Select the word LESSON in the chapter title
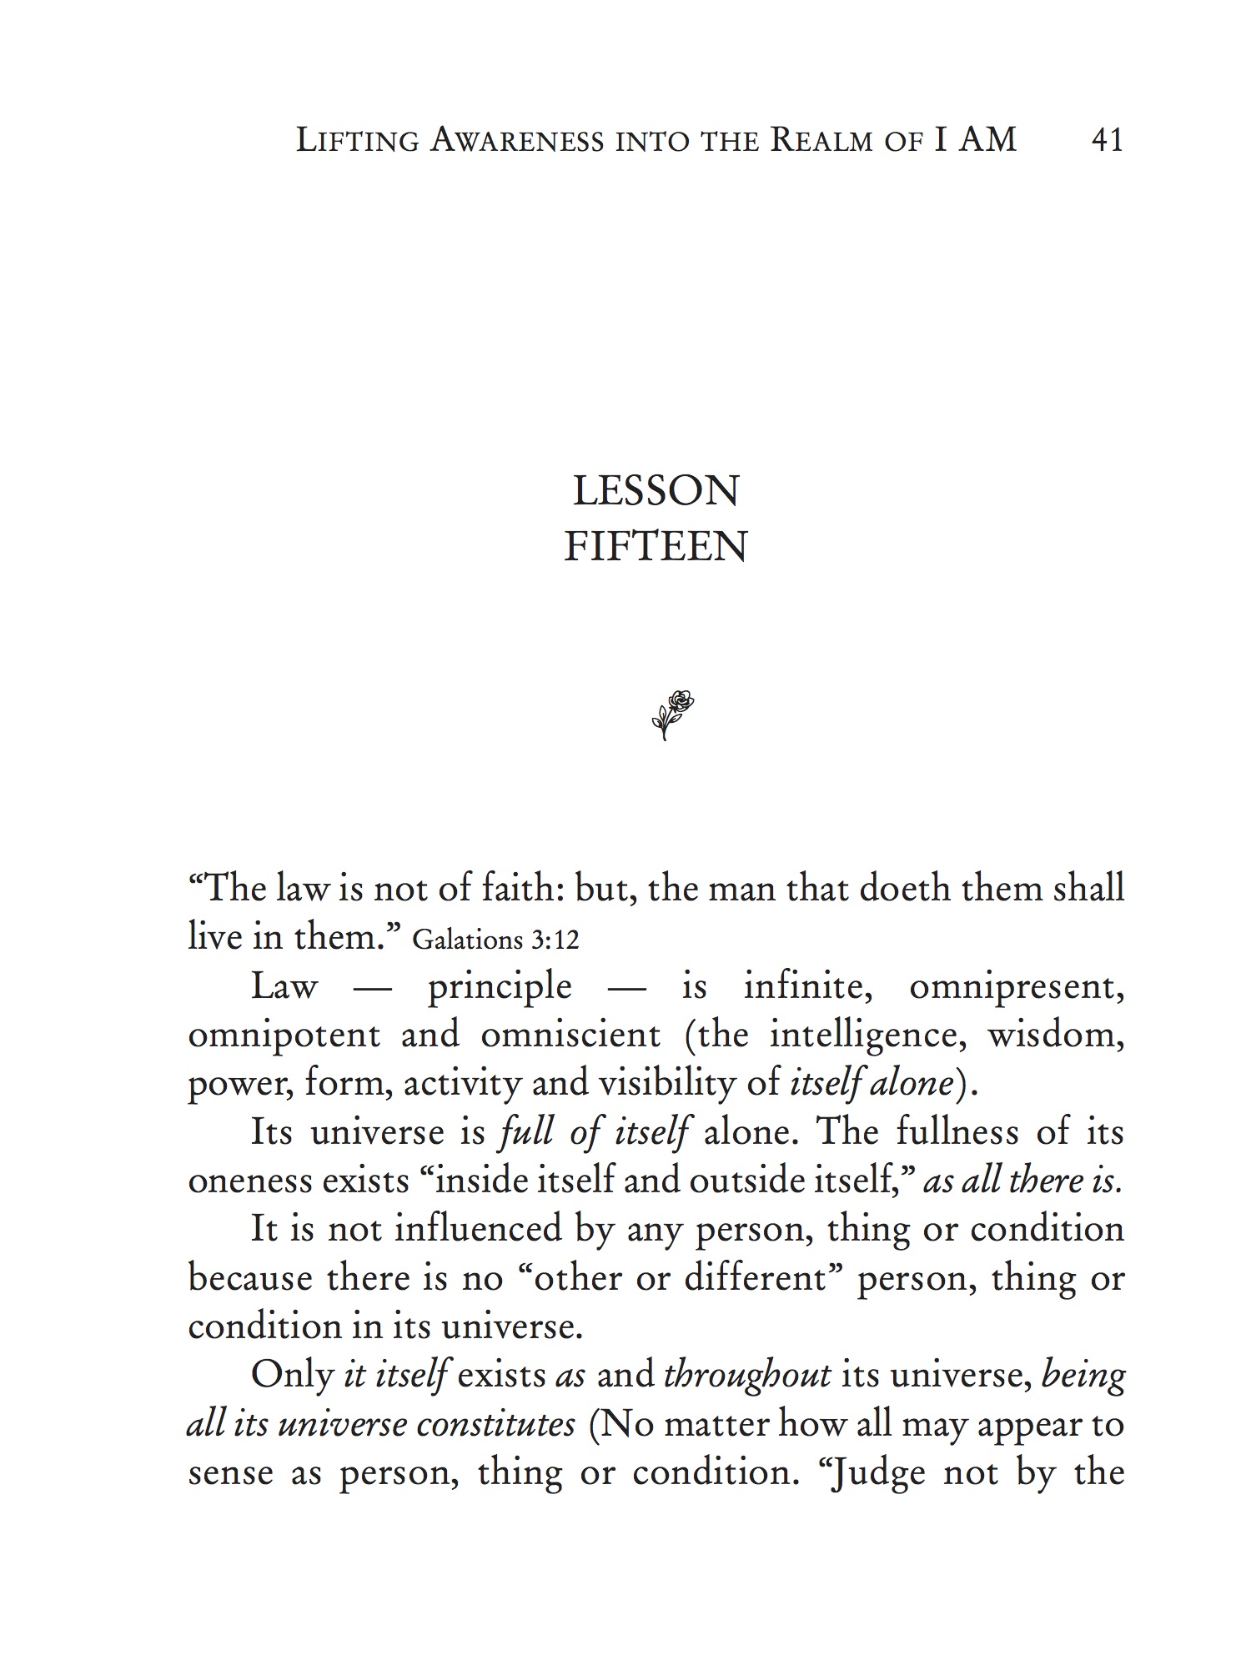(656, 491)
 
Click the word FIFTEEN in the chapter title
(656, 547)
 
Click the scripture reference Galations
(467, 940)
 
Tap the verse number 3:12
(554, 940)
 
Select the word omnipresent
(1017, 987)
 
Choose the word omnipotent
(284, 1036)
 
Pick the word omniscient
(570, 1036)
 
